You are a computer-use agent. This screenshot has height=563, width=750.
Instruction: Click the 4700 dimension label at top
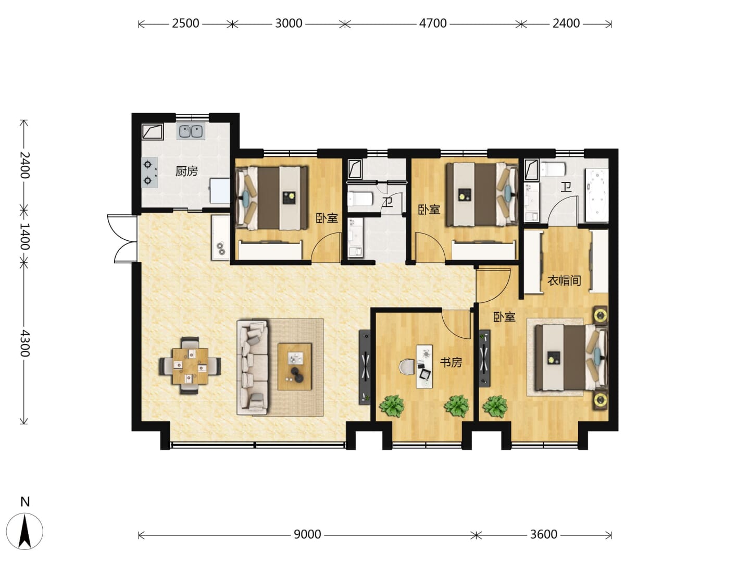pos(433,23)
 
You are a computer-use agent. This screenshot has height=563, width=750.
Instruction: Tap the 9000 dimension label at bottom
pos(307,534)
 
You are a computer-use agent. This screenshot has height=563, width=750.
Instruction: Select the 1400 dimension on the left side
pos(24,236)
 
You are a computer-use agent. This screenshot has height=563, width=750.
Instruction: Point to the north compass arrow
pos(24,536)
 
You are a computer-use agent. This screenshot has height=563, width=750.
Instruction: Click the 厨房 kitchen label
pos(186,170)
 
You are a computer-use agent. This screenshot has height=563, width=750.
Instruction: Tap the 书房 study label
pos(451,362)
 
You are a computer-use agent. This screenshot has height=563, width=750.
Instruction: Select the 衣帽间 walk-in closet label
pos(564,280)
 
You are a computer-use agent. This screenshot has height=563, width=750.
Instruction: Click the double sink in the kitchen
pos(191,131)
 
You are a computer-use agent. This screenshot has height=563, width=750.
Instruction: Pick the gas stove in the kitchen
pos(149,172)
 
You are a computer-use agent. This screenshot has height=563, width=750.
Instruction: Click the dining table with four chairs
pos(190,366)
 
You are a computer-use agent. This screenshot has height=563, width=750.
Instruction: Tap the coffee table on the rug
pos(295,366)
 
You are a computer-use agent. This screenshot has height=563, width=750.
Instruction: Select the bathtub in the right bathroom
pos(596,195)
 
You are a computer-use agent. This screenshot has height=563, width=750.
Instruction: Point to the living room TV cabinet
pos(365,367)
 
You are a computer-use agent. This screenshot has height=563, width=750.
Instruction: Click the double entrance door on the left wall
pos(122,239)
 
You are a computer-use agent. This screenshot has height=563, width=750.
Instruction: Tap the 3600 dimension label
pos(543,534)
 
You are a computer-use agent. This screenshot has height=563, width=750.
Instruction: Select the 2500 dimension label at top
pos(185,23)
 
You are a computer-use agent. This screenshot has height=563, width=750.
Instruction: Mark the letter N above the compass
pos(25,502)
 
